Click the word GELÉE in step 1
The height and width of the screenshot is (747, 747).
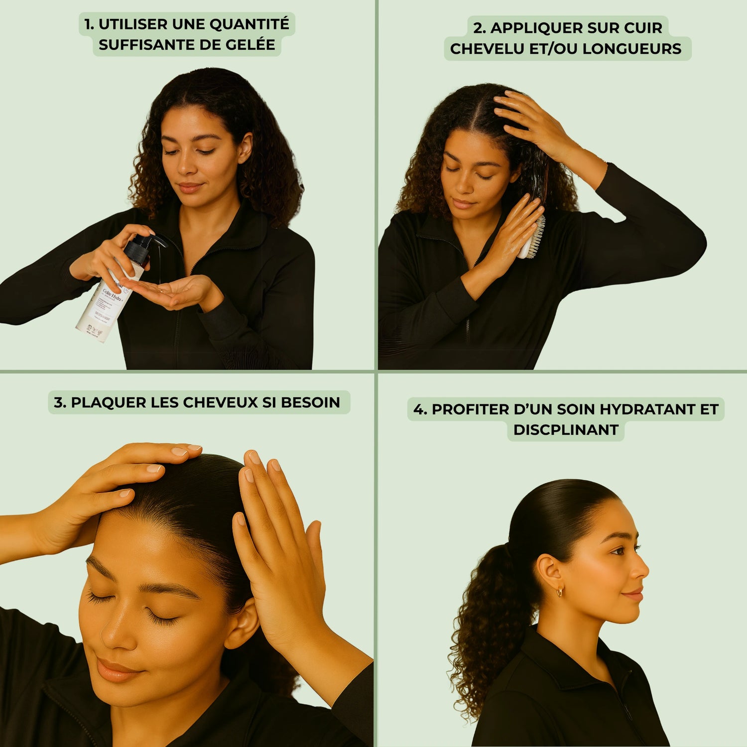(250, 45)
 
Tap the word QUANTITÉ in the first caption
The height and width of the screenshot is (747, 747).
(249, 24)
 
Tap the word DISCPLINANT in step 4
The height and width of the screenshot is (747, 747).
(566, 430)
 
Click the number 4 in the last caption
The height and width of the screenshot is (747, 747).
(419, 409)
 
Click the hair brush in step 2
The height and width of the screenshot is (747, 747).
(532, 234)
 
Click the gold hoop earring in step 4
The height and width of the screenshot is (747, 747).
(560, 592)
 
